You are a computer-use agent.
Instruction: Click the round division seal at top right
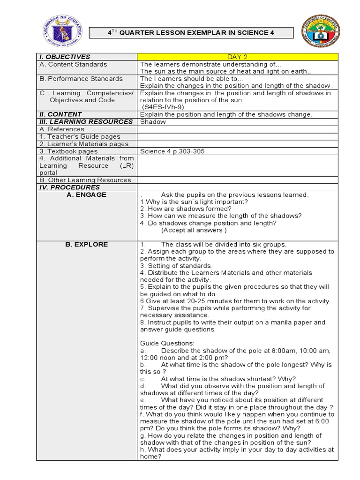(x=321, y=32)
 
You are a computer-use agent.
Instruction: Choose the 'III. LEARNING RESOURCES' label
(x=86, y=122)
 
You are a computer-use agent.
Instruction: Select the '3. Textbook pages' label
(x=69, y=151)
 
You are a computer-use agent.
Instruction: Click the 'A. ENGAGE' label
(x=87, y=195)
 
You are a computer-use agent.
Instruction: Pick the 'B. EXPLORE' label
(x=87, y=245)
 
